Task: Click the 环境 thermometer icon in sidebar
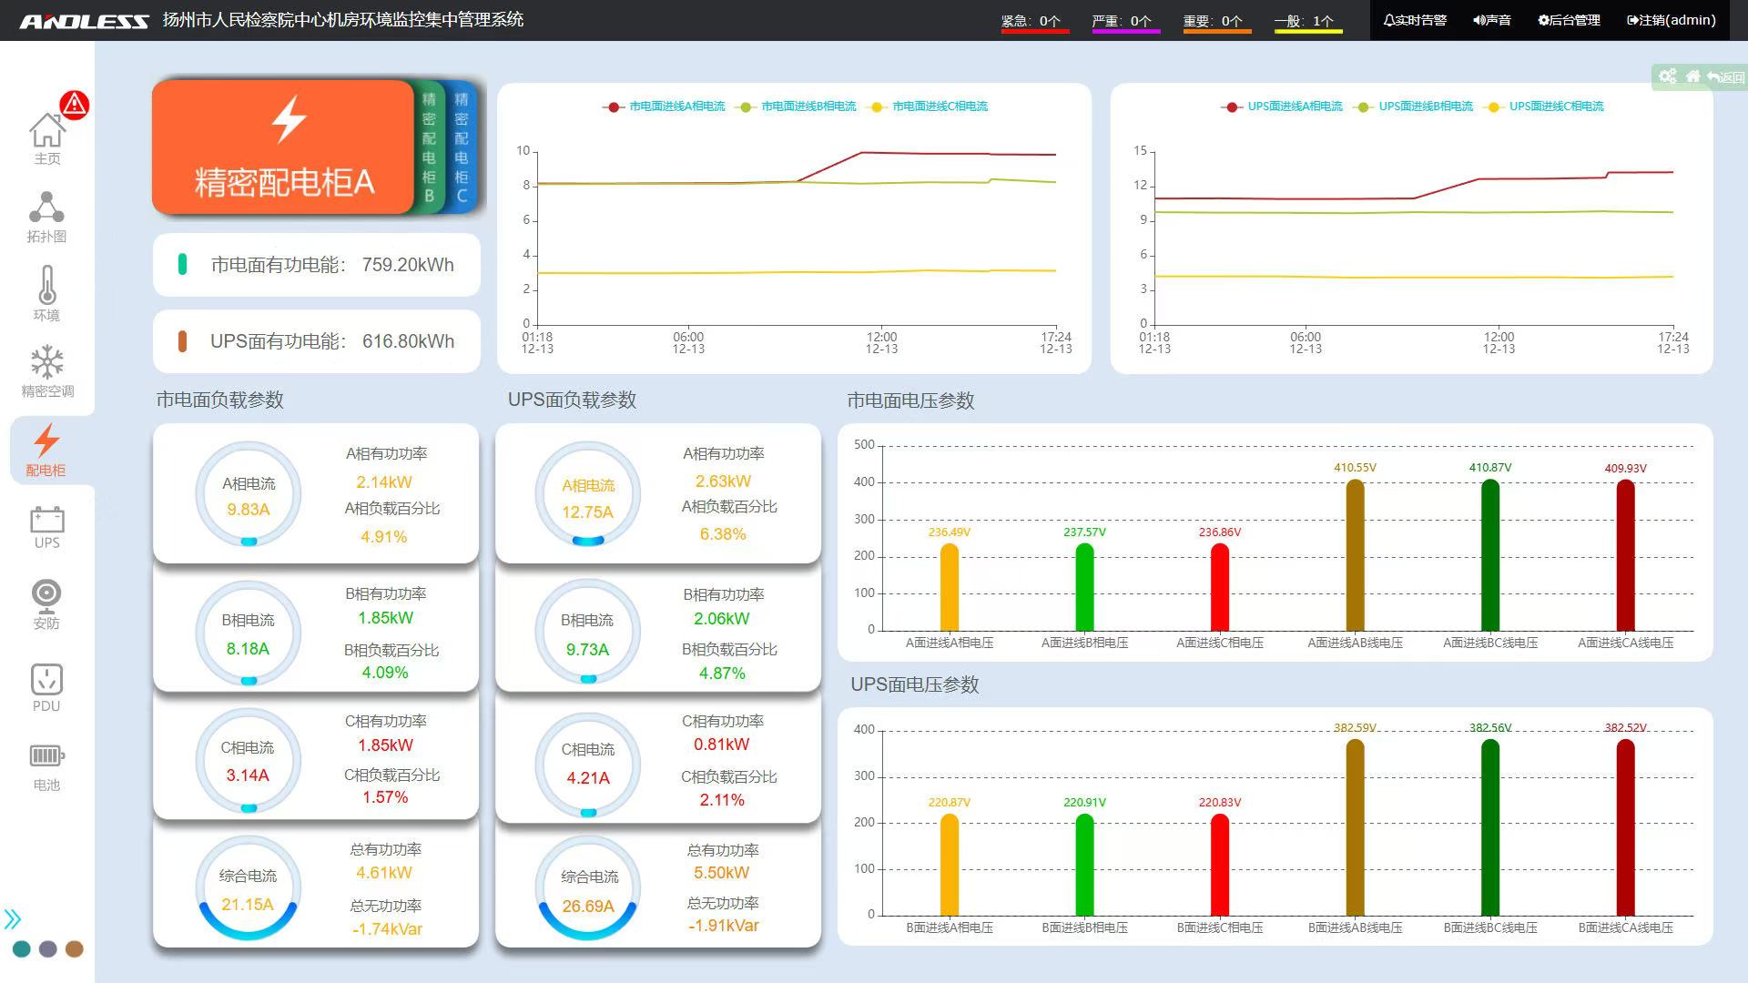[x=46, y=286]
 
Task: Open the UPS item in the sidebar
[x=46, y=528]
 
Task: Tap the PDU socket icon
[x=46, y=680]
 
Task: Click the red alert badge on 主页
[x=75, y=105]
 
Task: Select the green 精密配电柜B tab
[x=429, y=147]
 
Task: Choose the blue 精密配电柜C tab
[x=462, y=147]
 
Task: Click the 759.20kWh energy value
[x=407, y=265]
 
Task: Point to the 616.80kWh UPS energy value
[x=408, y=341]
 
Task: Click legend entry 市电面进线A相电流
[x=676, y=106]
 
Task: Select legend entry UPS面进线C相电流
[x=1556, y=106]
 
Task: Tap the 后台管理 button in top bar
[x=1569, y=20]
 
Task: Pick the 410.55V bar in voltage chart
[x=1355, y=555]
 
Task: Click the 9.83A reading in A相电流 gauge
[x=249, y=510]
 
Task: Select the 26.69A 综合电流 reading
[x=588, y=907]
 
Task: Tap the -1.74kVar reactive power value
[x=387, y=929]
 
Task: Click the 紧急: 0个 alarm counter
[x=1032, y=21]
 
